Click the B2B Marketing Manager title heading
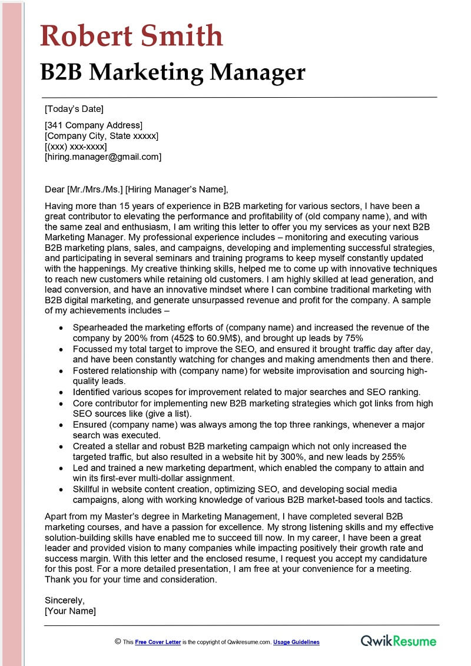173,72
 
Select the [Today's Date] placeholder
74,109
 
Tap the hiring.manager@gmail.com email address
103,157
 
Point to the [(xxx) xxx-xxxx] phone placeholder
76,147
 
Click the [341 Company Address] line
94,125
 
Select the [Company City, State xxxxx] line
101,136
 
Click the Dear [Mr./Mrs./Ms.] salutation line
136,189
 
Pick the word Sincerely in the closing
65,601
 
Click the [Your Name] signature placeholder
70,611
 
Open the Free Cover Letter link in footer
158,642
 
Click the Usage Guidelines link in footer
296,642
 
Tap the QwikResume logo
399,641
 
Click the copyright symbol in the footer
118,642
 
